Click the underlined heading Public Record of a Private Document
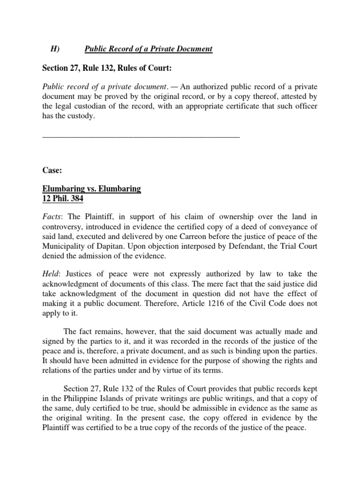[x=149, y=49]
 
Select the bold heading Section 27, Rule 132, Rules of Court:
[x=107, y=69]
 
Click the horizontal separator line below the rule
[x=141, y=136]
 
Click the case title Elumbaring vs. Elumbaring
[x=92, y=188]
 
